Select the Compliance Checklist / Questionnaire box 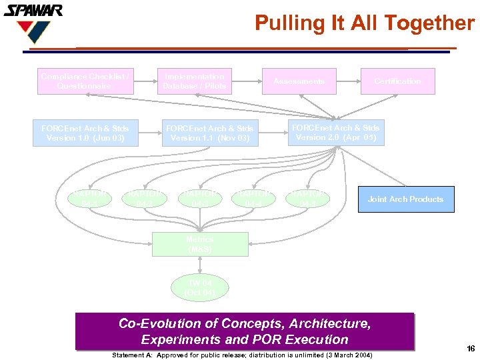click(85, 81)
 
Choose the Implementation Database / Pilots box click(195, 81)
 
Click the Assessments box click(299, 81)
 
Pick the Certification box click(397, 81)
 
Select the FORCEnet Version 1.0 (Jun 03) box click(85, 133)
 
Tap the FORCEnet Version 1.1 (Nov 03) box click(209, 133)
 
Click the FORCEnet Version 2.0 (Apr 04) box click(335, 132)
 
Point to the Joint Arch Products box click(405, 199)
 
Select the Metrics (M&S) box click(200, 244)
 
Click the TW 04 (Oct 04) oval click(200, 288)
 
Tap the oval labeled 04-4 click(253, 198)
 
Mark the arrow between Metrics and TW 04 click(200, 265)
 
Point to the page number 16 click(471, 349)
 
